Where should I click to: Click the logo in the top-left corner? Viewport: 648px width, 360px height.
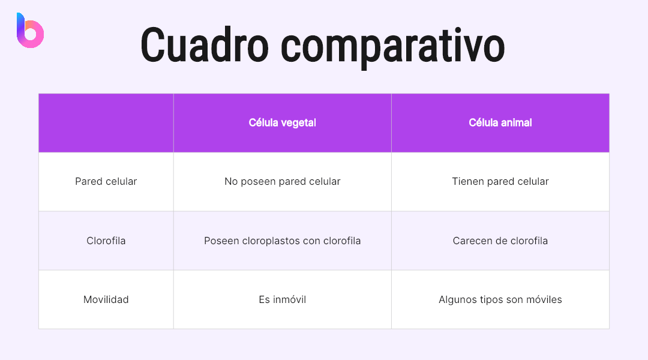click(30, 31)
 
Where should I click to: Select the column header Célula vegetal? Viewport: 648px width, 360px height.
click(282, 122)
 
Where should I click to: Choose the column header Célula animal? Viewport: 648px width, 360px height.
click(500, 122)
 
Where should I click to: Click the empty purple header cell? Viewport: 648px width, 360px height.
click(106, 122)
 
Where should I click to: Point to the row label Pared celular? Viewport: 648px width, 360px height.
click(106, 181)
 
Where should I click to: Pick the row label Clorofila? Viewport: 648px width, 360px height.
click(106, 241)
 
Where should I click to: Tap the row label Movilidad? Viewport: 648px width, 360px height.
click(106, 299)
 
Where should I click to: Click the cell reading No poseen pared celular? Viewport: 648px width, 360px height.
click(282, 181)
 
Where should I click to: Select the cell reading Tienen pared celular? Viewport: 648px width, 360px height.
click(500, 181)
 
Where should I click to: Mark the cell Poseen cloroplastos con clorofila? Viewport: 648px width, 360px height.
click(282, 241)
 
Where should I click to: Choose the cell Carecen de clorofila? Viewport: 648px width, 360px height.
click(500, 241)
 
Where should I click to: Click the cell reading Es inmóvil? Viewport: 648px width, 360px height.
click(282, 299)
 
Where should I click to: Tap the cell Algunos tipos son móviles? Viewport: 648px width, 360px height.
click(500, 299)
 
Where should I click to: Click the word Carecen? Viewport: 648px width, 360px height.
click(472, 241)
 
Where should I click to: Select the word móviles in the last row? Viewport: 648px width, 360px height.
click(543, 299)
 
